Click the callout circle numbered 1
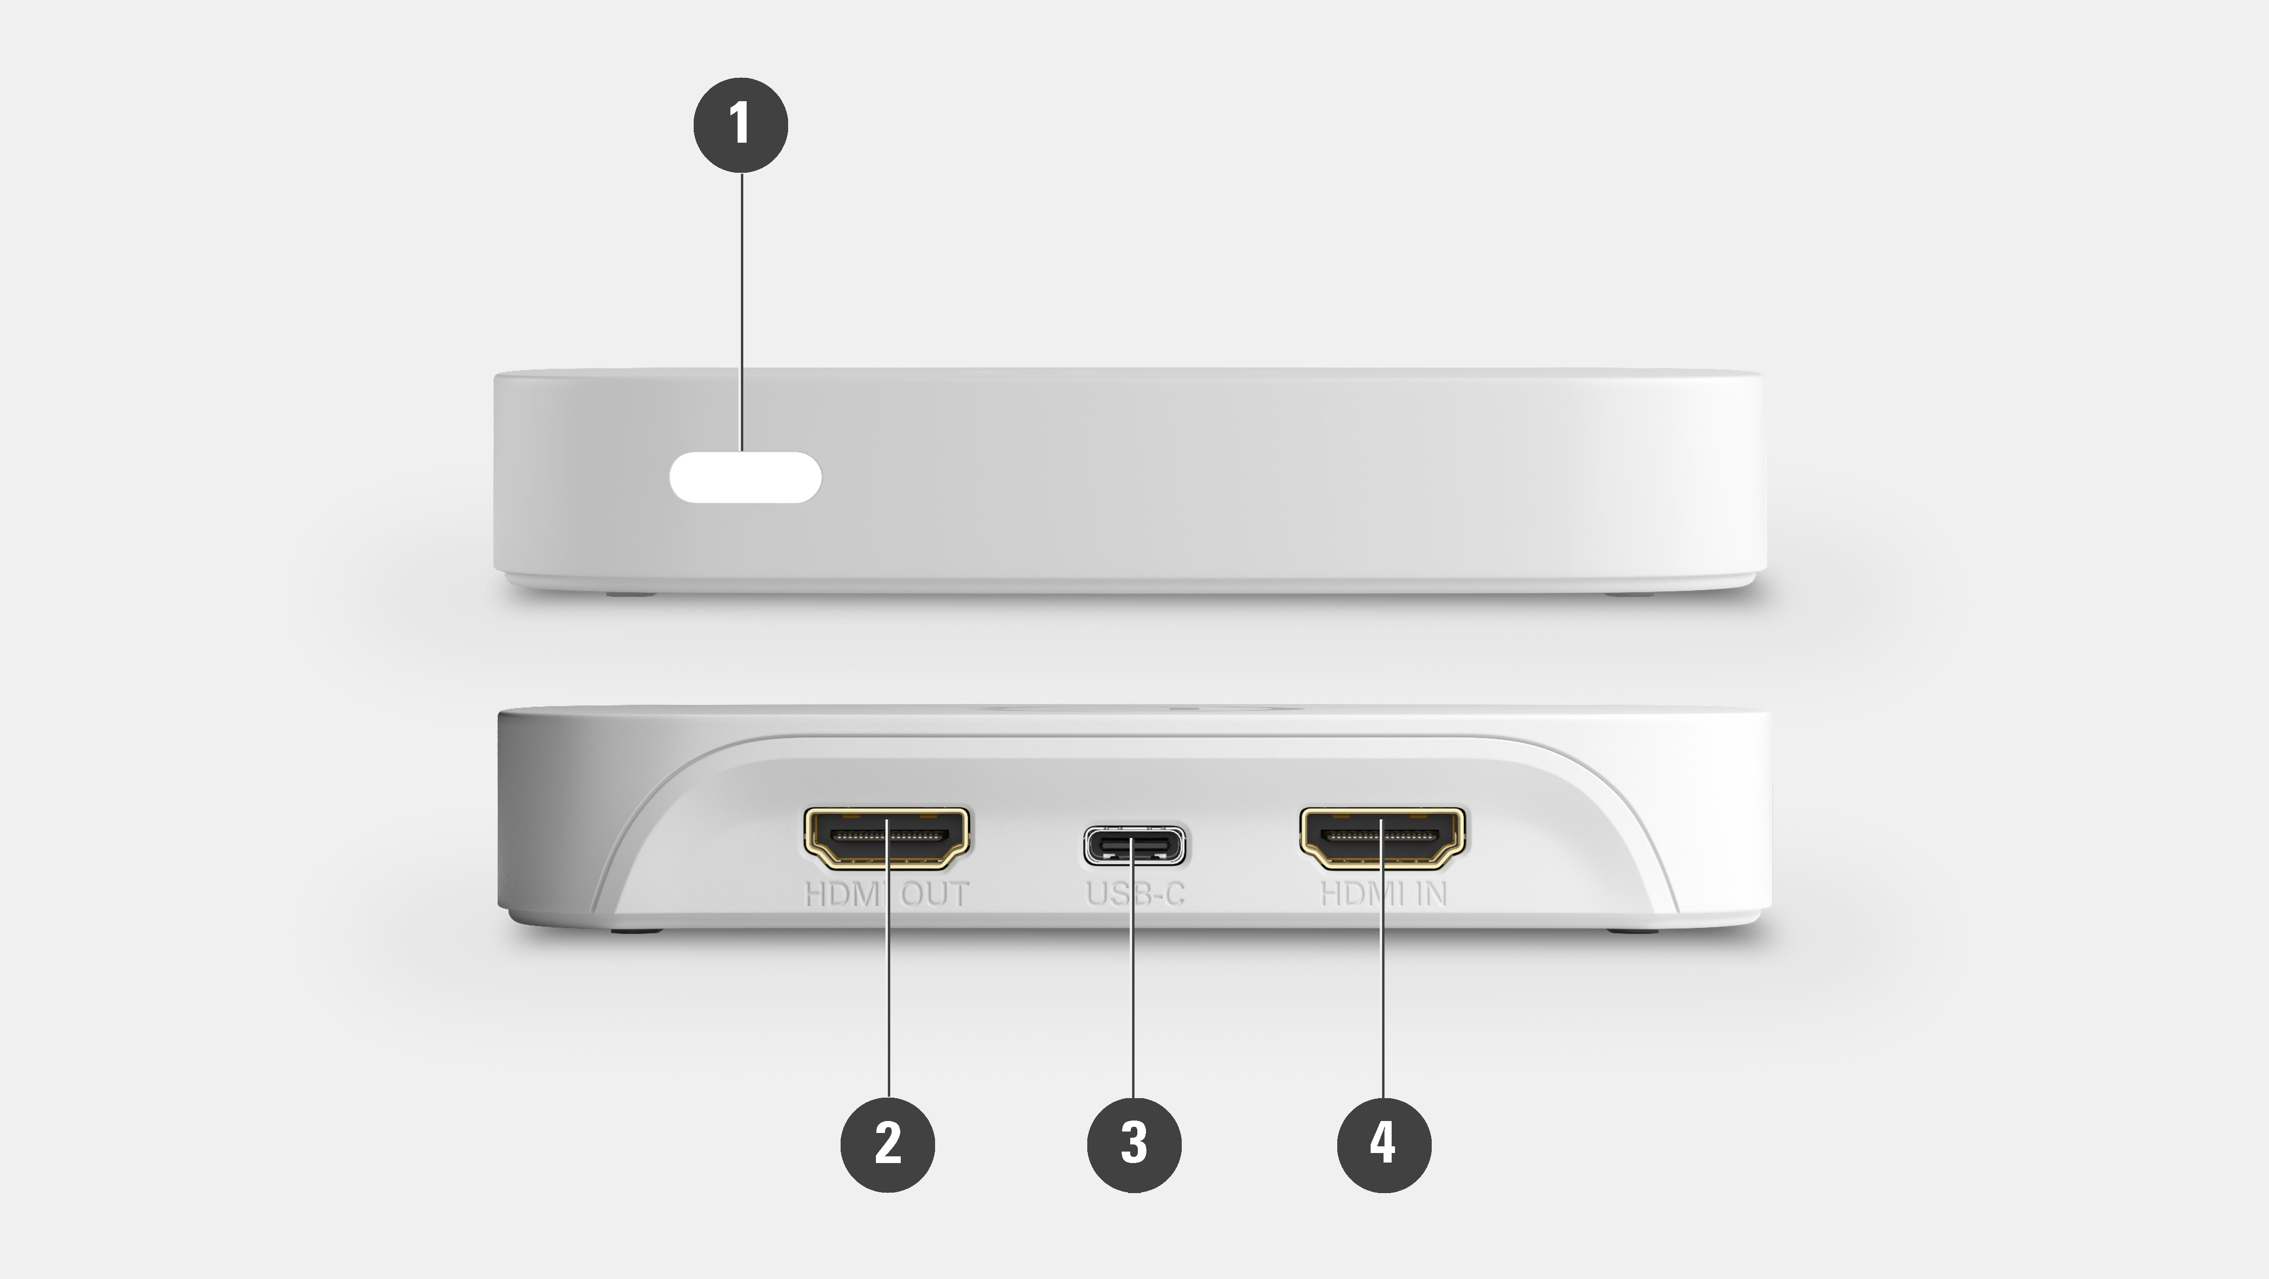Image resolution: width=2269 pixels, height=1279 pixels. [741, 124]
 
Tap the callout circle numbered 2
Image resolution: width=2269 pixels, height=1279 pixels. [888, 1144]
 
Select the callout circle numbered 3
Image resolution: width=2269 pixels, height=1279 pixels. [1134, 1144]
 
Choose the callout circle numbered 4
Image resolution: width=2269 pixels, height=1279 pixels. [1384, 1144]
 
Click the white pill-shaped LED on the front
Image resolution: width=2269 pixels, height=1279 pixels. [745, 477]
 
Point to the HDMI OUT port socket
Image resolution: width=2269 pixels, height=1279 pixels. [887, 836]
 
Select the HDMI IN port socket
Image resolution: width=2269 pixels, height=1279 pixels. [1383, 836]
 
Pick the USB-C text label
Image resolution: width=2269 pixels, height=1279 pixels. [1134, 894]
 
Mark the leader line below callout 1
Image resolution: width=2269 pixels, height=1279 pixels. [742, 308]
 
